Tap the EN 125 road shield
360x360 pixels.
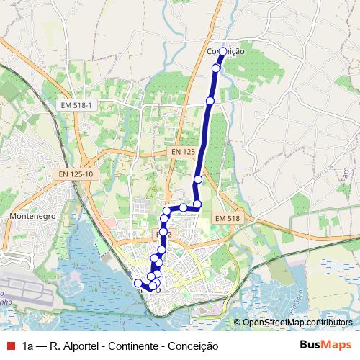tap(184, 152)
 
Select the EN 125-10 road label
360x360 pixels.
tap(76, 174)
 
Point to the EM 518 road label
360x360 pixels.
tap(228, 218)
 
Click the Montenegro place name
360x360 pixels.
tap(32, 215)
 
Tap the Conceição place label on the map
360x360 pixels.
tap(225, 52)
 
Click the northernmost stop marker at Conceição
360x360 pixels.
tap(222, 51)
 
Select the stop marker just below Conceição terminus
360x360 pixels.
tap(216, 68)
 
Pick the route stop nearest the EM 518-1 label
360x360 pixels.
tap(210, 101)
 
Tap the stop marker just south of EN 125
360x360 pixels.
tap(198, 179)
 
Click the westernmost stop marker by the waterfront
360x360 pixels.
tap(138, 283)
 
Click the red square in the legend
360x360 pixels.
tap(9, 346)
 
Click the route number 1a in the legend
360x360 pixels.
tap(27, 346)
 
